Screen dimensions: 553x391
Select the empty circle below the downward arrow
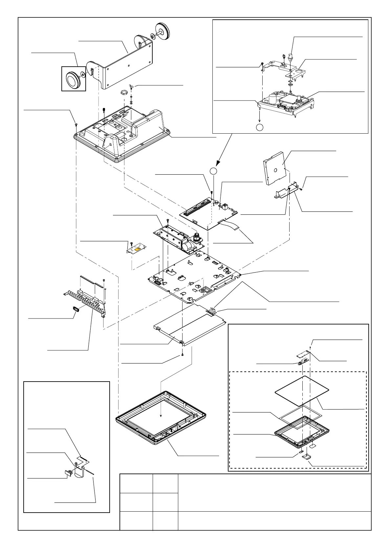[x=259, y=127]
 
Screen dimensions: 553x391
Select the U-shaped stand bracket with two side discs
[x=128, y=62]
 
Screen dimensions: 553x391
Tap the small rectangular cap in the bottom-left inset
[x=68, y=473]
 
